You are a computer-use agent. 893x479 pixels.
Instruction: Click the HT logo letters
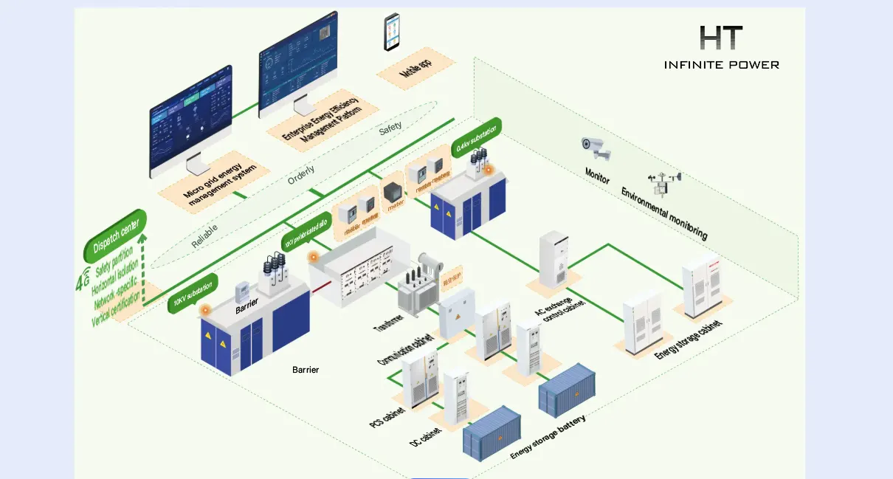(720, 38)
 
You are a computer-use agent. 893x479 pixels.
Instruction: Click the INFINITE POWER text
(721, 65)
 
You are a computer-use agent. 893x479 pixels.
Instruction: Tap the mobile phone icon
(391, 32)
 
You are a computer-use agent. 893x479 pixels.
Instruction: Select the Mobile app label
(416, 69)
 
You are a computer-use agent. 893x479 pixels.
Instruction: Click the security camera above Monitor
(596, 148)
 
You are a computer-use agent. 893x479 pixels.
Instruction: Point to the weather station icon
(663, 184)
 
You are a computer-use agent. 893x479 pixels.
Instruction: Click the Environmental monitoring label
(664, 214)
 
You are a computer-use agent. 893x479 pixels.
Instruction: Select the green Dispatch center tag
(115, 235)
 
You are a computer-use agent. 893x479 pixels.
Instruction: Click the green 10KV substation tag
(193, 293)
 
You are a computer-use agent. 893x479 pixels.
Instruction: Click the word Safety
(390, 127)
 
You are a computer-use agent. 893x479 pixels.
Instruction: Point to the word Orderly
(301, 174)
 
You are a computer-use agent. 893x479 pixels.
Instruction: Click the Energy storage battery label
(548, 437)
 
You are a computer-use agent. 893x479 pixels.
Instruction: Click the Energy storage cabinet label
(688, 340)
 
